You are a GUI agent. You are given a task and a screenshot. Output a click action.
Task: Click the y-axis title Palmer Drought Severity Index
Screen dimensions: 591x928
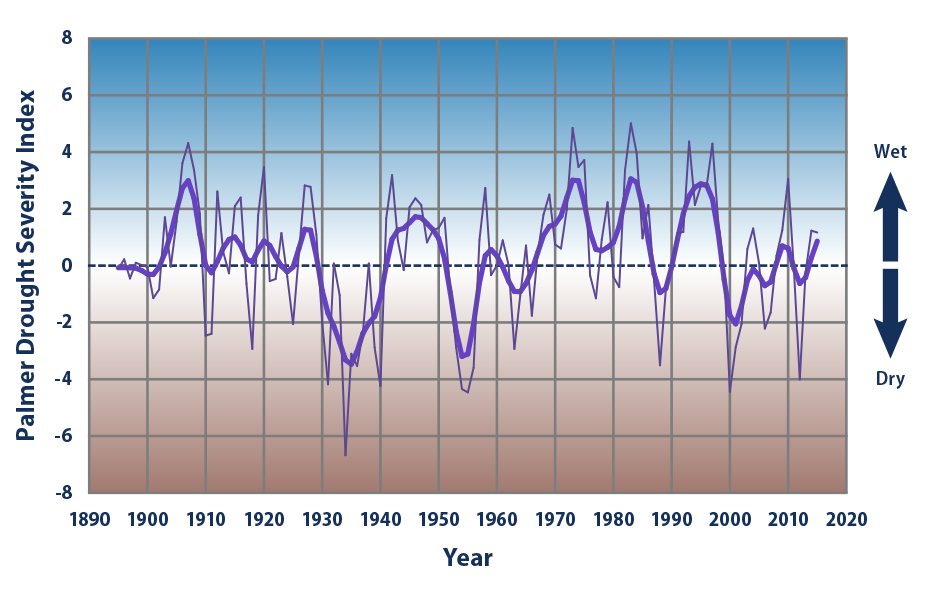click(x=27, y=266)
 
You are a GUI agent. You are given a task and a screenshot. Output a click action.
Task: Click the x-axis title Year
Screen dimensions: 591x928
click(x=468, y=557)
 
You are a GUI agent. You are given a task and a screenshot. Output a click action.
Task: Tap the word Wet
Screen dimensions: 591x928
click(x=890, y=152)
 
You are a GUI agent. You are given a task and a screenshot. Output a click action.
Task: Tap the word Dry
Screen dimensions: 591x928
click(x=890, y=380)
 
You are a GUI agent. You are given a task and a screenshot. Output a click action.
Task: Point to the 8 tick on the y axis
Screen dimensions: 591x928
click(x=67, y=39)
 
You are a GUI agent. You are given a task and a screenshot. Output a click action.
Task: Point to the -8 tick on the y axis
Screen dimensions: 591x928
click(x=64, y=493)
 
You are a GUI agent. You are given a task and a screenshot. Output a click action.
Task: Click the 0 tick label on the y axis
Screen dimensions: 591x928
click(x=67, y=266)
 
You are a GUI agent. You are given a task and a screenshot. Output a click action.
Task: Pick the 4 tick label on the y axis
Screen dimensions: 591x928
click(x=67, y=152)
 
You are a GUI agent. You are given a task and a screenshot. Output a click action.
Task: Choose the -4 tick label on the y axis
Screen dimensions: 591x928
click(x=64, y=380)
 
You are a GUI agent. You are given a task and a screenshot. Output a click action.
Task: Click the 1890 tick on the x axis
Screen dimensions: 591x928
click(x=89, y=520)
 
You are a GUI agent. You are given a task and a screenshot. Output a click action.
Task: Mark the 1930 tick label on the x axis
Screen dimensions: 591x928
click(x=322, y=520)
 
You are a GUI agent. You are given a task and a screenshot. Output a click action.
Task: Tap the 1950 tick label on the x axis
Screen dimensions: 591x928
click(x=439, y=520)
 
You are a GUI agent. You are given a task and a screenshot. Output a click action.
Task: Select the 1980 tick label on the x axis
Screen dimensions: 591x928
click(x=614, y=520)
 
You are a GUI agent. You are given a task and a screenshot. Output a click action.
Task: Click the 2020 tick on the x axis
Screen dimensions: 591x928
click(x=847, y=520)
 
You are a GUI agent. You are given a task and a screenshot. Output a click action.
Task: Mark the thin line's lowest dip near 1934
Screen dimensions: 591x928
click(x=346, y=456)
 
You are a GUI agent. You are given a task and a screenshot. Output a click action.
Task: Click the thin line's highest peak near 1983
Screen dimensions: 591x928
click(x=630, y=123)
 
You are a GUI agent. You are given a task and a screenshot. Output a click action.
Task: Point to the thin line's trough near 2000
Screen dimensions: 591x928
click(x=730, y=391)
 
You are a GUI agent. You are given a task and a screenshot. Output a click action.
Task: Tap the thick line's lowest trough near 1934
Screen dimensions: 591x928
click(x=347, y=362)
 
